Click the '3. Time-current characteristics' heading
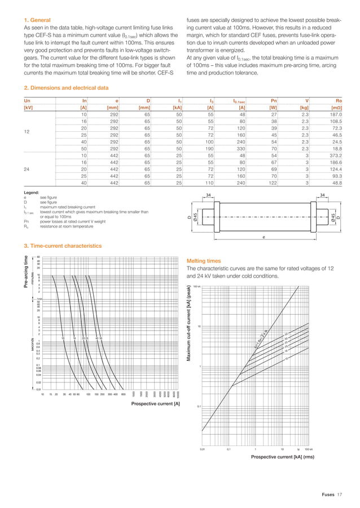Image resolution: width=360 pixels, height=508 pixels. pyautogui.click(x=63, y=246)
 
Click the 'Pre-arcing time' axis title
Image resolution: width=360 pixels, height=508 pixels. pyautogui.click(x=25, y=273)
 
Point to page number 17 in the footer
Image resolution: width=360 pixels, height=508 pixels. pyautogui.click(x=340, y=494)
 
